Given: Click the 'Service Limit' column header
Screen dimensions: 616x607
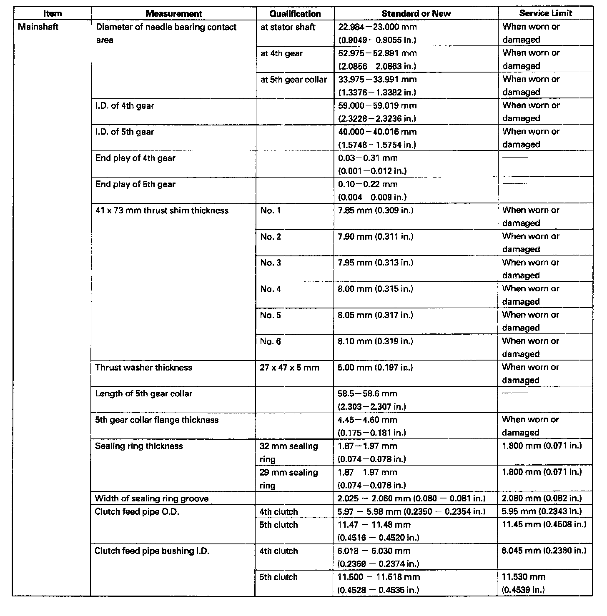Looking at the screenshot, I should [x=545, y=13].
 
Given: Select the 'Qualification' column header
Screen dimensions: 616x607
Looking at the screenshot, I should [x=295, y=14].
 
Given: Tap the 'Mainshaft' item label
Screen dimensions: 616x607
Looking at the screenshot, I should [x=38, y=27].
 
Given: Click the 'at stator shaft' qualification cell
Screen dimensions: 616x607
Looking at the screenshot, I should [x=288, y=28].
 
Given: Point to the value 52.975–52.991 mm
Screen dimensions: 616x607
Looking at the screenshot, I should [x=377, y=53].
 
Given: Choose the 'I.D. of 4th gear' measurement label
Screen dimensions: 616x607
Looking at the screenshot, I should [x=125, y=106].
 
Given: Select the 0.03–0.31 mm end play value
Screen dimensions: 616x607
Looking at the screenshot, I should [x=368, y=158].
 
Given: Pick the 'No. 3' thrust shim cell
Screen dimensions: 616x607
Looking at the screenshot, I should [x=271, y=263].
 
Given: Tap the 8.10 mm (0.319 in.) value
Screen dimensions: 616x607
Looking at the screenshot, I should [x=376, y=341].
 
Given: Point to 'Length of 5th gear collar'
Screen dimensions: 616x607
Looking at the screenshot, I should [x=143, y=394].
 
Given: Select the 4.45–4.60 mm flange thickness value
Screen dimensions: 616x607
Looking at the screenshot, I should [x=367, y=420].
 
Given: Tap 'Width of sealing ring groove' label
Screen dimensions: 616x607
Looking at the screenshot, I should [x=152, y=499].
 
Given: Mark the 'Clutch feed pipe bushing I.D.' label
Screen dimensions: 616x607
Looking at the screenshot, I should [x=152, y=551].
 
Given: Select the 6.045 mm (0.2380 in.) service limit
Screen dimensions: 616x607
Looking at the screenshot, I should [x=544, y=551].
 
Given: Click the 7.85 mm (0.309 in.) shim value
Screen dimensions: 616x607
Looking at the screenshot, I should [x=376, y=210].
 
